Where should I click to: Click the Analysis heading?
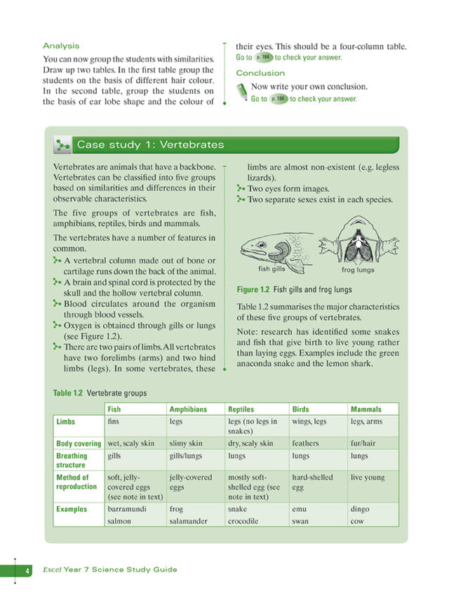coord(61,46)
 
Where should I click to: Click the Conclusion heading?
coord(260,73)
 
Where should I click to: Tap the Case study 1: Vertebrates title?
coord(150,145)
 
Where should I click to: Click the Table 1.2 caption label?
coord(68,393)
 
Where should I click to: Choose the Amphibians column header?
coord(188,409)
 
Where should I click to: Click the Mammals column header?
coord(366,409)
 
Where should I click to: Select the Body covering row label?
coord(79,444)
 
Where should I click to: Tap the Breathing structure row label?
coord(72,460)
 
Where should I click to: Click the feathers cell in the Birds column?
coord(304,444)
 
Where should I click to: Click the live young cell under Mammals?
coord(368,478)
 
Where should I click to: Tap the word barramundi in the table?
coord(127,508)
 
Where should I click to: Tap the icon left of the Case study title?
coord(62,145)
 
